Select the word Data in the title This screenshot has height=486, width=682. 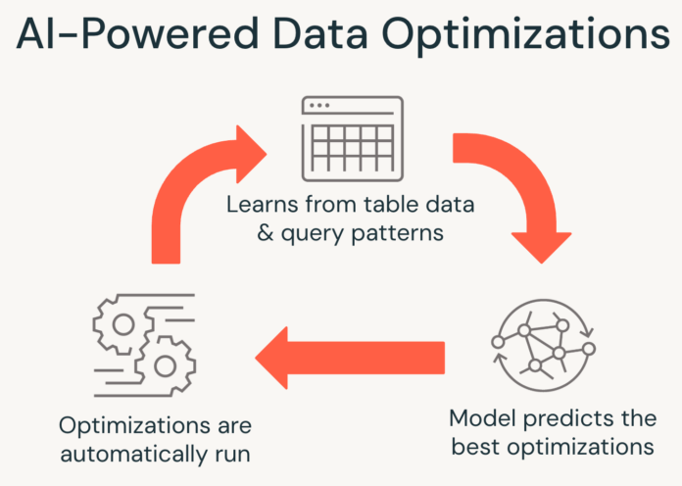coord(321,33)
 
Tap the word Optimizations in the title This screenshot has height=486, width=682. coord(526,35)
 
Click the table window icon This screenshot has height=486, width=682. coord(353,139)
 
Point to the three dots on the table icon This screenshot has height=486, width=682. coord(319,106)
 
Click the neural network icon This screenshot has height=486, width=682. coord(543,345)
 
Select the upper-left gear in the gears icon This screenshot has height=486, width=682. coord(123,324)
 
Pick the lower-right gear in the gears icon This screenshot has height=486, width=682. coord(166,365)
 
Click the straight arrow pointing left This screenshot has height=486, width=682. coord(350,358)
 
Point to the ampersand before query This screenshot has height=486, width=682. coord(266,233)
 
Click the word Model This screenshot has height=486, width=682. coord(482,418)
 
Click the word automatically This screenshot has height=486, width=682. coord(134,455)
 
